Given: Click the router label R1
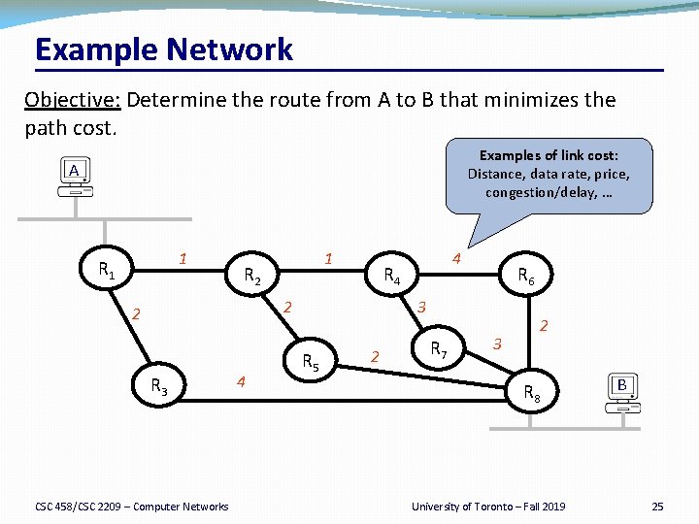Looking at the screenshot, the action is [x=107, y=271].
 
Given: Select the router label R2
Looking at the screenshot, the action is [x=251, y=276].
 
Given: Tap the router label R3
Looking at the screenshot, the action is [x=159, y=388].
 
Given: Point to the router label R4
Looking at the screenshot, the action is [x=392, y=276].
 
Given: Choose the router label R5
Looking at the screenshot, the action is [x=311, y=364].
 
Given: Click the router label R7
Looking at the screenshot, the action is [x=439, y=348].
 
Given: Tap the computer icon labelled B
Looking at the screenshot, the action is [x=622, y=391].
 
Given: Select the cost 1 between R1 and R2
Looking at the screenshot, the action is [x=182, y=258].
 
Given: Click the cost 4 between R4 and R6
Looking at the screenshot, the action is [x=456, y=259].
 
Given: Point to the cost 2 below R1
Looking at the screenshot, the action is [x=137, y=313].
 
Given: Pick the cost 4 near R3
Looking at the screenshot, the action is [x=241, y=381].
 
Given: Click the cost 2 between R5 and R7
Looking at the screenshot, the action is [x=375, y=356].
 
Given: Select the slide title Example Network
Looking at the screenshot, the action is [x=163, y=49].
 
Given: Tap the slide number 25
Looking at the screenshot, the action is [x=657, y=506].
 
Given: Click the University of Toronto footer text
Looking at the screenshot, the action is [x=488, y=506].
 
